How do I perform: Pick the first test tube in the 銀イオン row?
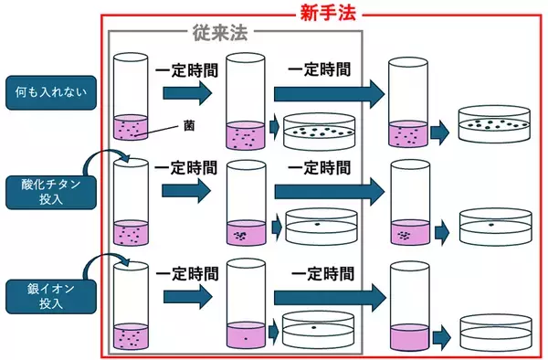pyautogui.click(x=129, y=306)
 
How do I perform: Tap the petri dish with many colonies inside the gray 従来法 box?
pyautogui.click(x=321, y=133)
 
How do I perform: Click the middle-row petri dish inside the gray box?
pyautogui.click(x=321, y=227)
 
